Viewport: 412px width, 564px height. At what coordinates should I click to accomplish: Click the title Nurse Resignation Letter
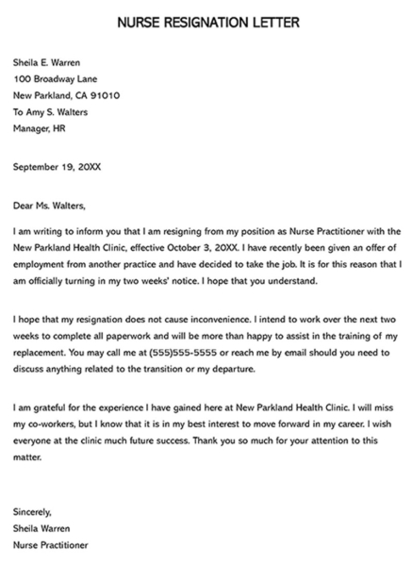[206, 21]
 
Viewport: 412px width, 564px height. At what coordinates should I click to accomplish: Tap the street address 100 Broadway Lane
[57, 79]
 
